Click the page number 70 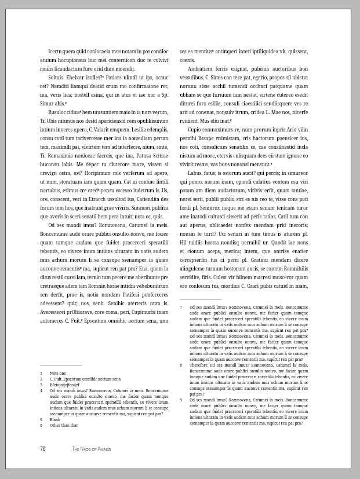tap(43, 449)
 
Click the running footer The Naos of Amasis tap(92, 449)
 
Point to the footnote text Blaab tap(55, 419)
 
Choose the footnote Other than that tap(64, 425)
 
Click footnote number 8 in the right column tap(181, 365)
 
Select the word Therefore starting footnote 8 tap(200, 365)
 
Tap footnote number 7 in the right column tap(181, 307)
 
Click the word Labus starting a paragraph tap(196, 173)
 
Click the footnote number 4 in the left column tap(41, 391)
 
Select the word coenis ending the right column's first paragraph tap(187, 60)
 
